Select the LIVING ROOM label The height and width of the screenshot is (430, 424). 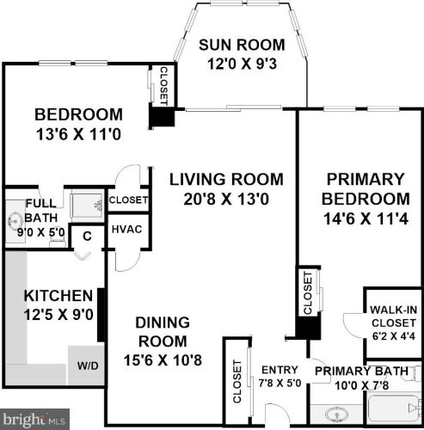pos(225,180)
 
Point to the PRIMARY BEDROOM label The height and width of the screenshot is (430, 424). pos(366,188)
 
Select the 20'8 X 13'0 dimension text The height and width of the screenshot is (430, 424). pos(225,199)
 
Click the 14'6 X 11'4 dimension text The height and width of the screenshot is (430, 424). pos(366,219)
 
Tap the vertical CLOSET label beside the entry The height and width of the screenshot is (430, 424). pos(237,381)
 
